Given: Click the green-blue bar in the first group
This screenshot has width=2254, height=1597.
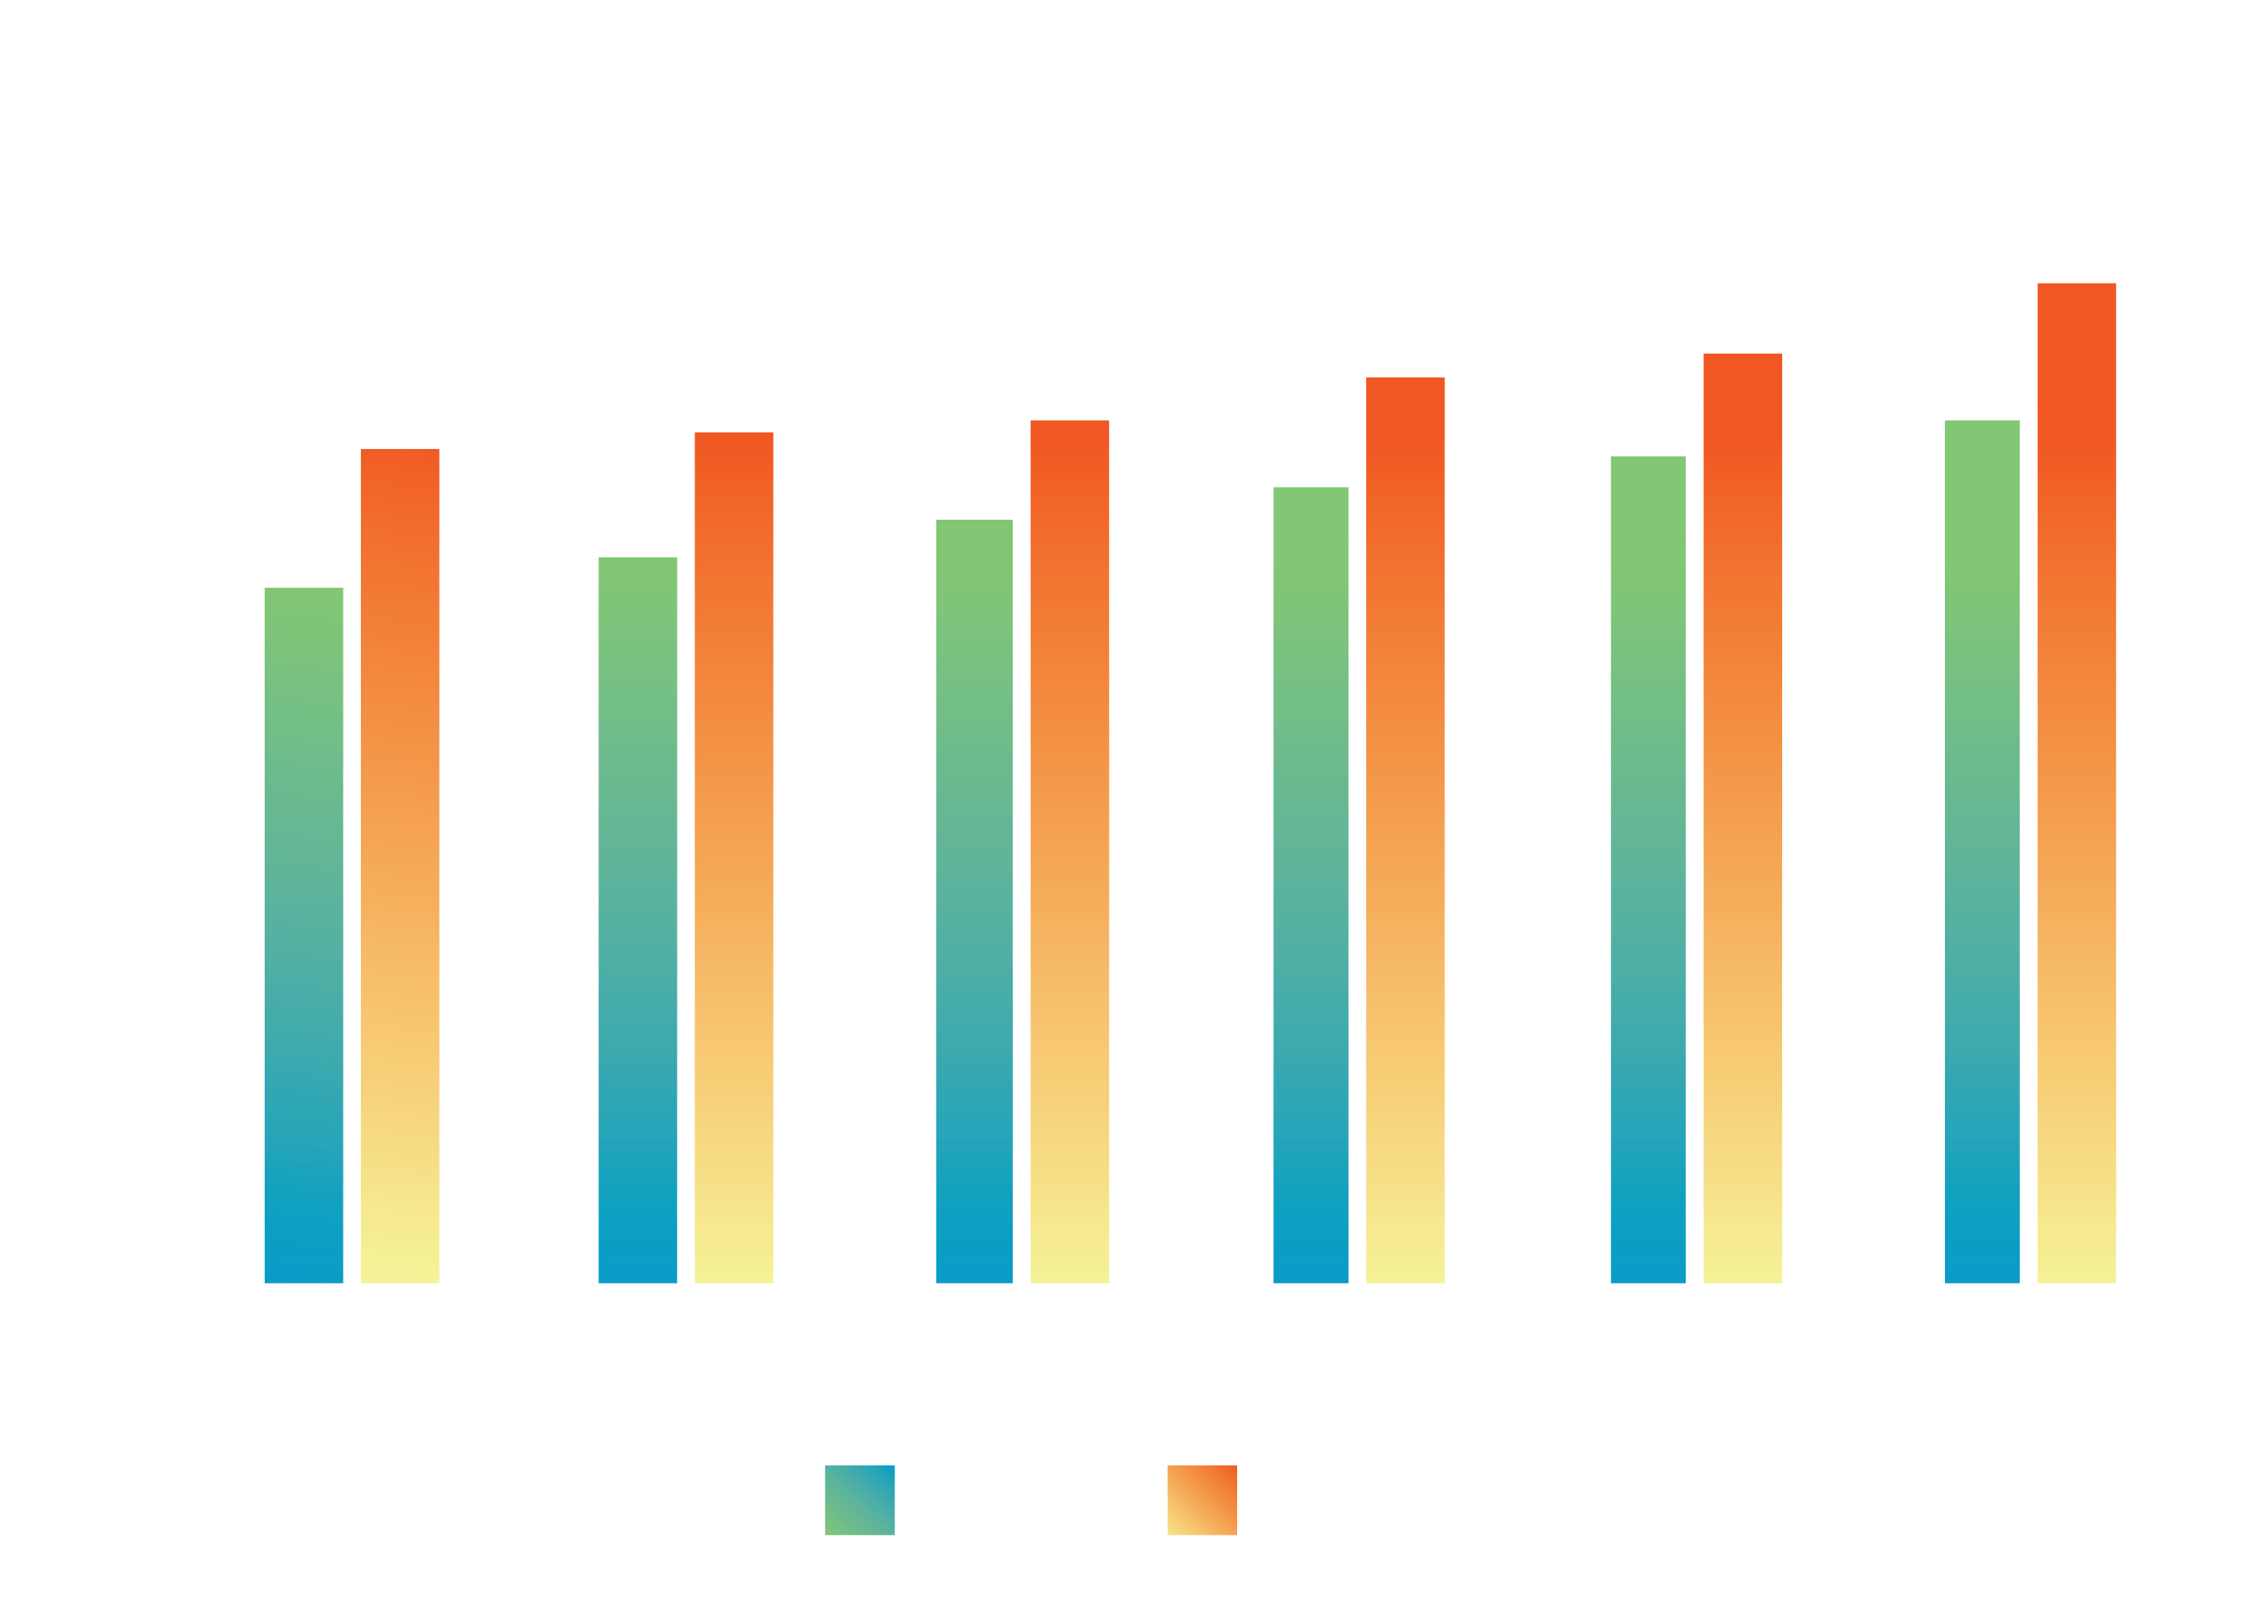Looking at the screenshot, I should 304,934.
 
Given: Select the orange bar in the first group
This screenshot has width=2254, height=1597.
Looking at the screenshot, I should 400,865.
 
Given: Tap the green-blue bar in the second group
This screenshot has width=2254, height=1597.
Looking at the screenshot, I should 637,919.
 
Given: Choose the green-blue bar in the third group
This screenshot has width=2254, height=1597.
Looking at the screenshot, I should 973,900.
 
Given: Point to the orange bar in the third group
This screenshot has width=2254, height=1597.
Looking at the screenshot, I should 1069,850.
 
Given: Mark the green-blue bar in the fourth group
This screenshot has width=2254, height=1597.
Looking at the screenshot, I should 1310,884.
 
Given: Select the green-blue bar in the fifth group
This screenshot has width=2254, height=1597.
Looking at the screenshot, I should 1647,869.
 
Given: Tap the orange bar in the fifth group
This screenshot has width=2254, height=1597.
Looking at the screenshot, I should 1742,817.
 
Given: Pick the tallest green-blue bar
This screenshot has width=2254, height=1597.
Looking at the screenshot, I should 1982,850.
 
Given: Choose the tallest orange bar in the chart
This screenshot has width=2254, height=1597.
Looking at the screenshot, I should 2076,782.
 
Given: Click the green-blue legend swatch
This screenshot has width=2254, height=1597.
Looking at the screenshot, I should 859,1500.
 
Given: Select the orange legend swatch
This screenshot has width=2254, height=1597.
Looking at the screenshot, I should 1201,1500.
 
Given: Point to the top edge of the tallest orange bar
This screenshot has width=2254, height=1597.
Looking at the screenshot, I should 2076,285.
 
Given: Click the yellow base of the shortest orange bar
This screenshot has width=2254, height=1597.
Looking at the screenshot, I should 400,1259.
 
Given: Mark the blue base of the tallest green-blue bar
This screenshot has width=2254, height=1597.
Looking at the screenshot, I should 1982,1259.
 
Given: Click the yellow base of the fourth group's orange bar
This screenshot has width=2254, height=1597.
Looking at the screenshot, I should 1405,1259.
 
